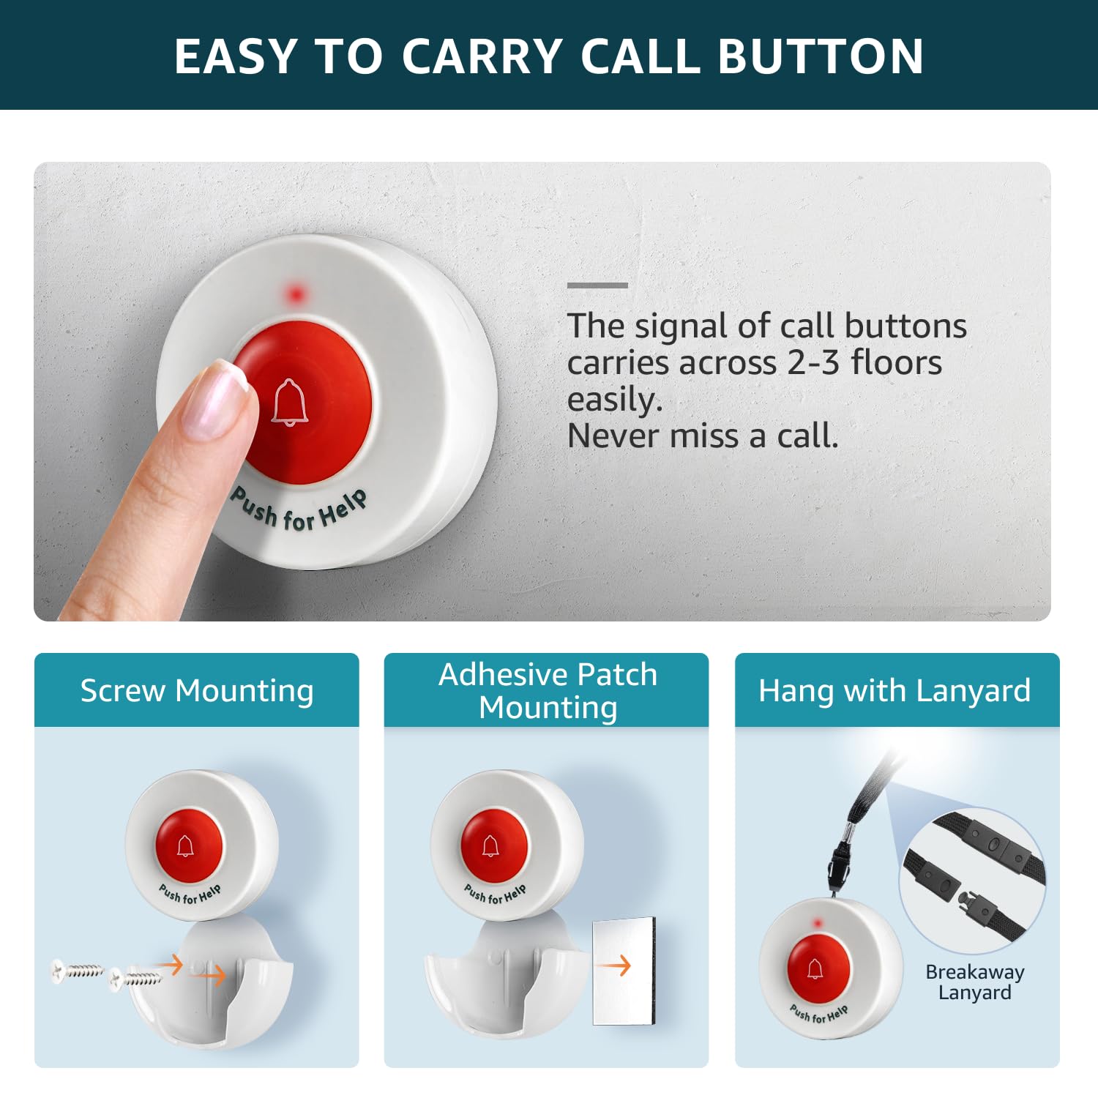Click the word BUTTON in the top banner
(821, 56)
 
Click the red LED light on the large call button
(296, 294)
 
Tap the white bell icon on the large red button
(290, 402)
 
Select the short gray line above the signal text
(597, 285)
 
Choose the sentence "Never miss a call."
(703, 436)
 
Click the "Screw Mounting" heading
(197, 690)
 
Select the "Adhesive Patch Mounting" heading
(548, 690)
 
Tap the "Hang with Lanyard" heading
(895, 690)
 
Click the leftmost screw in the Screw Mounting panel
(78, 971)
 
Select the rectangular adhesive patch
(624, 970)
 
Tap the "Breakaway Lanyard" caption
(975, 982)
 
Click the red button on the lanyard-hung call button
(819, 971)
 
